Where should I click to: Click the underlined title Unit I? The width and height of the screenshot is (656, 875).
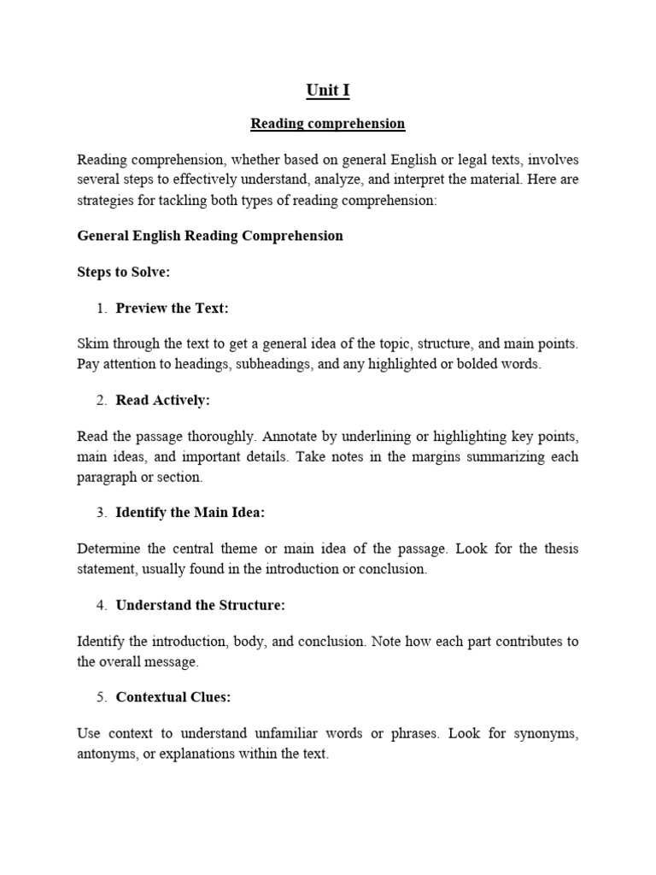tap(327, 91)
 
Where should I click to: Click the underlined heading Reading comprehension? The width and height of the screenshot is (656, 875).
tap(327, 124)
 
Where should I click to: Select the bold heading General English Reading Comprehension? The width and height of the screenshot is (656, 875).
tap(210, 236)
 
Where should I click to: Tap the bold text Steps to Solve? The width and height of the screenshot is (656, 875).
tap(124, 272)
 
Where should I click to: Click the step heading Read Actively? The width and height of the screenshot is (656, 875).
tap(162, 400)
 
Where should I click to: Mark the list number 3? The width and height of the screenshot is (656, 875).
tap(101, 513)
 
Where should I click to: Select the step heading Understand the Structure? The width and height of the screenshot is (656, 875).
tap(200, 605)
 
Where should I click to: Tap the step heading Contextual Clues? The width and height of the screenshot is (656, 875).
tap(173, 697)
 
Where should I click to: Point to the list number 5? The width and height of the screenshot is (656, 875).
tap(101, 697)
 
